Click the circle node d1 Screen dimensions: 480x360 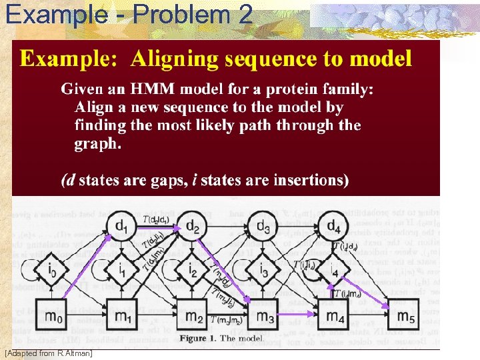click(x=121, y=225)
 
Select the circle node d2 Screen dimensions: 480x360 click(x=193, y=225)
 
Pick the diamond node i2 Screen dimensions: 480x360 click(x=193, y=271)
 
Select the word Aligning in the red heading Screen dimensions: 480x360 click(x=175, y=59)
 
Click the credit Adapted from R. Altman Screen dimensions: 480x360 click(x=48, y=352)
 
